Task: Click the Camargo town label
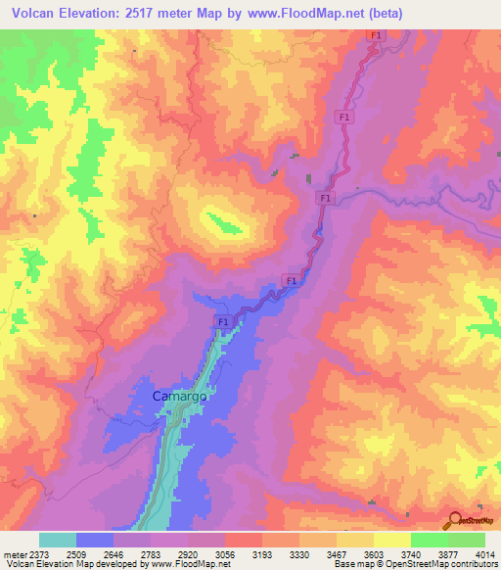[180, 396]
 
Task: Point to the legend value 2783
[151, 554]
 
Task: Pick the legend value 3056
[224, 554]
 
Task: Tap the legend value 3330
[298, 554]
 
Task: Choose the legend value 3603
[373, 554]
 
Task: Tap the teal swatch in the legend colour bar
[58, 540]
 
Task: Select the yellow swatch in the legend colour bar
[391, 540]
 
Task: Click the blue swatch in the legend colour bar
[95, 540]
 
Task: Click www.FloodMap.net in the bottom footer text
[187, 565]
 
